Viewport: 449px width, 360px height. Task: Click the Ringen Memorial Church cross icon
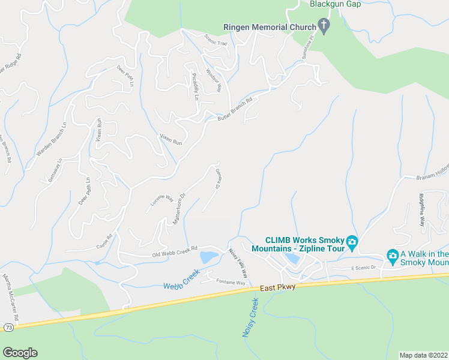[x=324, y=27]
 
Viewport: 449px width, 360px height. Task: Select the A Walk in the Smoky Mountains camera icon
[x=393, y=256]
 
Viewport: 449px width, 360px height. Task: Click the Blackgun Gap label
[x=335, y=4]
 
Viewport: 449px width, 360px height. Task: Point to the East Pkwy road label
[x=277, y=289]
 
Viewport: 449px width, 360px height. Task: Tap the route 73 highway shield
[x=8, y=327]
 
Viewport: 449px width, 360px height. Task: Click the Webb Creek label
[x=182, y=278]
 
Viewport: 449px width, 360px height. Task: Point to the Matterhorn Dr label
[x=179, y=209]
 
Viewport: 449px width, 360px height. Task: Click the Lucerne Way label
[x=160, y=203]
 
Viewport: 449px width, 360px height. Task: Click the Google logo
[x=20, y=353]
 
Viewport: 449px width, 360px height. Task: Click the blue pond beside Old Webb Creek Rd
[x=209, y=258]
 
